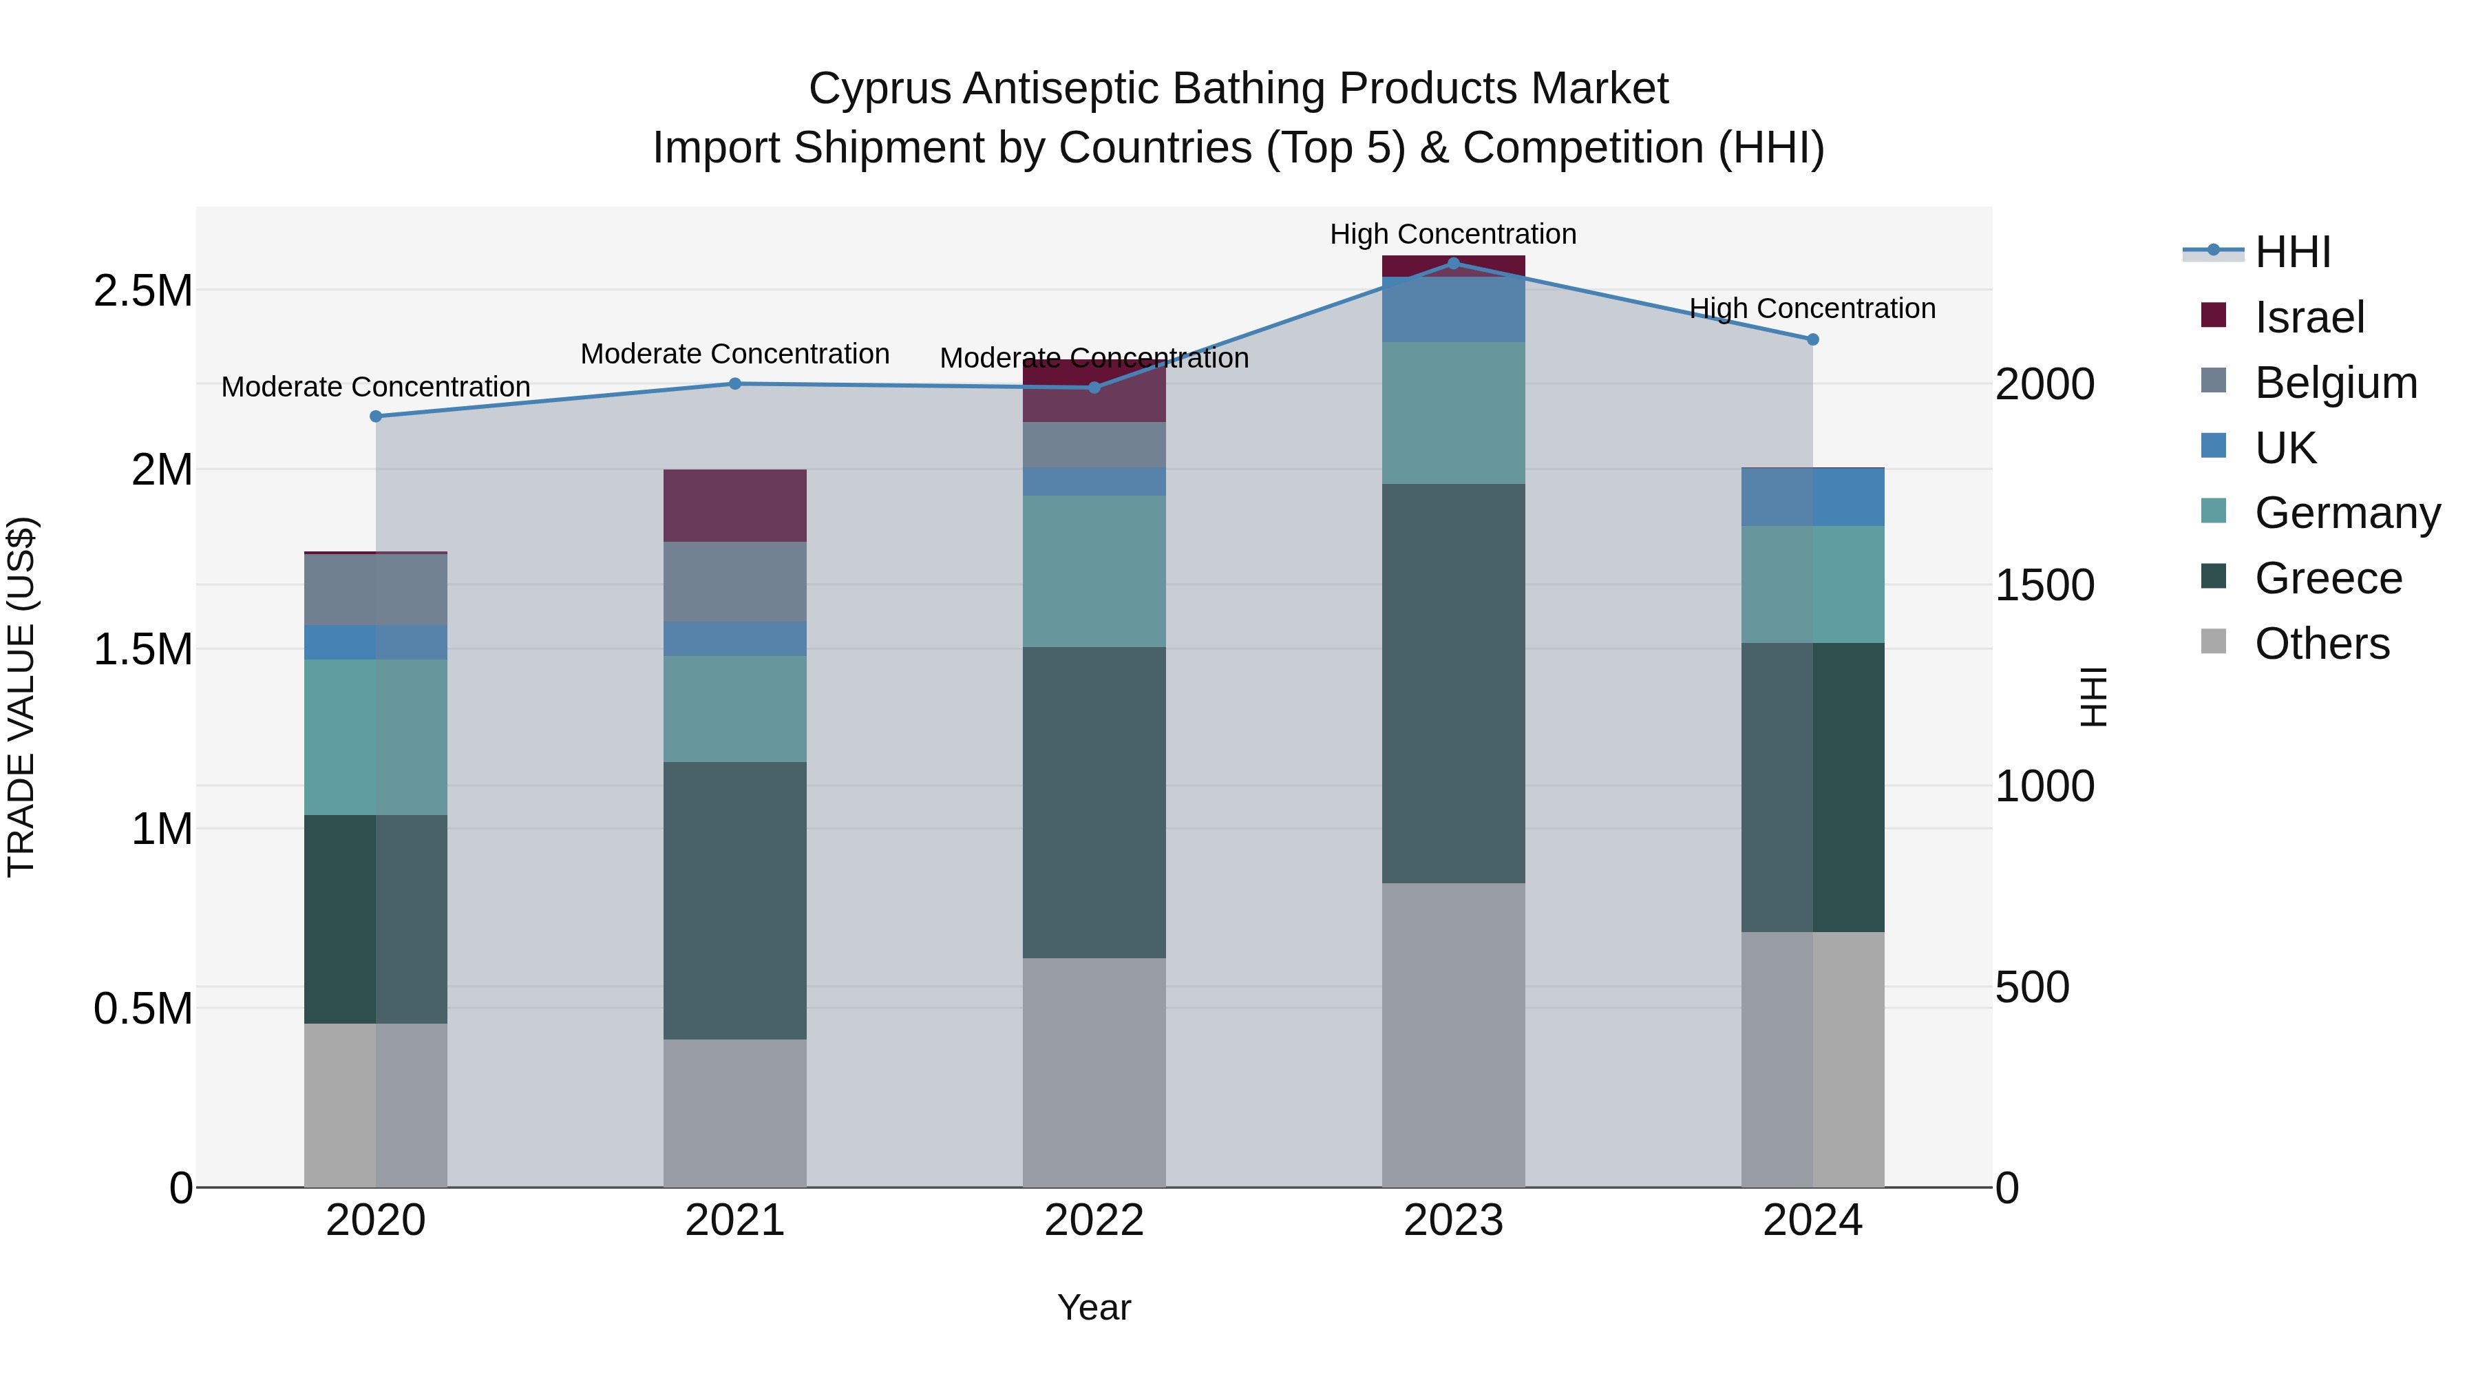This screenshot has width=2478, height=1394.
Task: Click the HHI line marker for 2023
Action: click(1452, 263)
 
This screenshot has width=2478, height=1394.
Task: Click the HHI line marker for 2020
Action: click(376, 416)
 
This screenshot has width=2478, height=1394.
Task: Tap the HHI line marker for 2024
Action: click(1812, 339)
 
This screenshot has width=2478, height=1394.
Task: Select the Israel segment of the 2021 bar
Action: click(735, 506)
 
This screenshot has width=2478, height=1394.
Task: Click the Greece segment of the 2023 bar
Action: click(1452, 683)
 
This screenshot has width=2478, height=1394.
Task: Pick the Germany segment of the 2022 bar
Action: click(1094, 571)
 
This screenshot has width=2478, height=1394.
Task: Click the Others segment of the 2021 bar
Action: click(735, 1113)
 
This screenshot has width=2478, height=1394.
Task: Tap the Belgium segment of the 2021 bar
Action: click(735, 582)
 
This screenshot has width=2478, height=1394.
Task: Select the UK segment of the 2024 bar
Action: click(1812, 498)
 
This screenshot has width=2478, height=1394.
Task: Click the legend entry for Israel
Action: click(2309, 317)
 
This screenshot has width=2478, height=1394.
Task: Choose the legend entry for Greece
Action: click(2328, 578)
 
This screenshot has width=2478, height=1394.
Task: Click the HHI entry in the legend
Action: click(2292, 252)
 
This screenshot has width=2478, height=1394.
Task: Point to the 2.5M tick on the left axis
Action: click(143, 291)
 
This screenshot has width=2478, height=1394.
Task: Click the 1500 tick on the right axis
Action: click(2044, 585)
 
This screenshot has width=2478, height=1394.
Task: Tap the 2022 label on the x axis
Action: click(1094, 1221)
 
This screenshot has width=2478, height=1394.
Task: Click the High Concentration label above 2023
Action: click(1452, 234)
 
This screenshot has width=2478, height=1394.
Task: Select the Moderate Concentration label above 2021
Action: click(735, 354)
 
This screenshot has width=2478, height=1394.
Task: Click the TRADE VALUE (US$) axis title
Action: click(21, 697)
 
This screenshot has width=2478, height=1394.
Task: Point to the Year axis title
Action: click(1094, 1307)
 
